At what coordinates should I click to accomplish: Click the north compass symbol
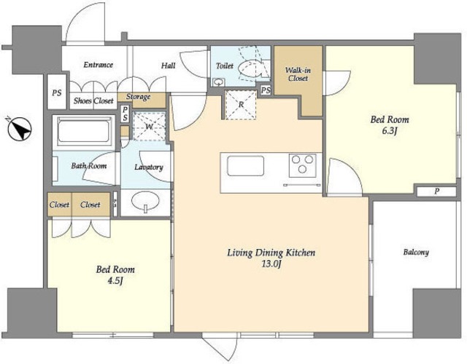(20, 130)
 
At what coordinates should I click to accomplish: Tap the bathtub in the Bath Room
(84, 131)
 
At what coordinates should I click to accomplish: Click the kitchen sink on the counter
(245, 166)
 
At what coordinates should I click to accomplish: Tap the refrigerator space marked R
(241, 105)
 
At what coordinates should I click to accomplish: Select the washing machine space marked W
(149, 127)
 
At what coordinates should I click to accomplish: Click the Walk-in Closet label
(298, 74)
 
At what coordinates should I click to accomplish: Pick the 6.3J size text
(390, 131)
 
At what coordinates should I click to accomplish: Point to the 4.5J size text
(115, 280)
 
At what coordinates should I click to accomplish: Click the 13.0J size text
(271, 264)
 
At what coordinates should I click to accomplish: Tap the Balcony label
(416, 253)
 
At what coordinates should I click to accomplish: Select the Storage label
(138, 97)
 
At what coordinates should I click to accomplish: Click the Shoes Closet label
(93, 100)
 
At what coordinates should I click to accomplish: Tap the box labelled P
(436, 191)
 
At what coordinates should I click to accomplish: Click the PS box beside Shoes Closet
(57, 92)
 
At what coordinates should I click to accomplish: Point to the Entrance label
(99, 65)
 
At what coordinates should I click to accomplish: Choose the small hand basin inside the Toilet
(219, 82)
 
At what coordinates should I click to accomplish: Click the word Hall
(169, 66)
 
